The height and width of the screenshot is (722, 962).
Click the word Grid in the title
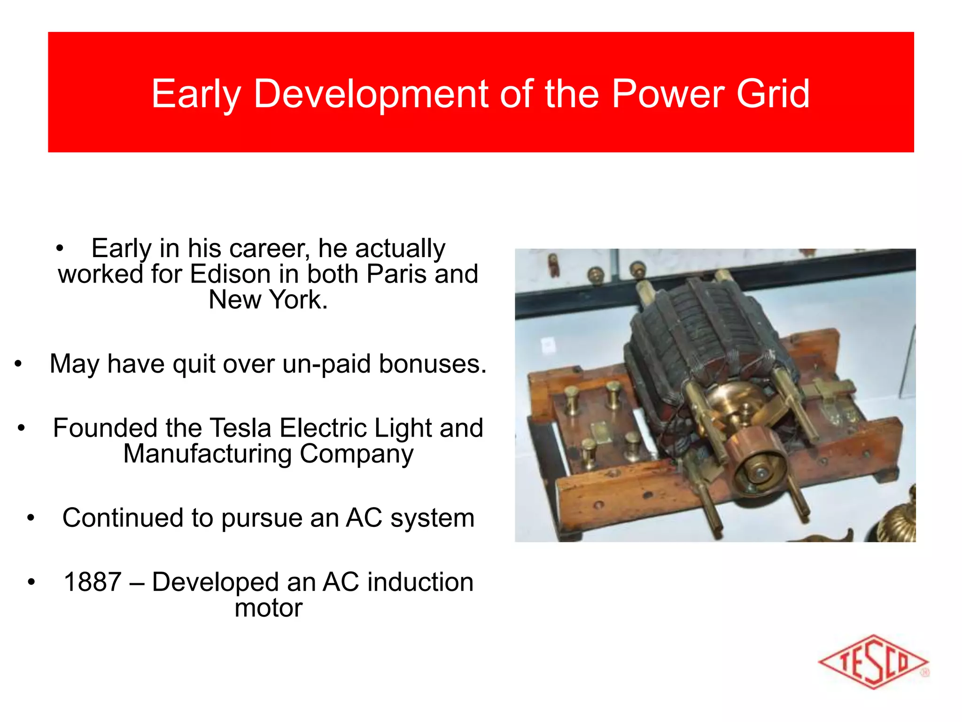coord(773,94)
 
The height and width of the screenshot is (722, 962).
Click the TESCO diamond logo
coord(873,662)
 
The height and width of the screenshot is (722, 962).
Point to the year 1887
coord(93,582)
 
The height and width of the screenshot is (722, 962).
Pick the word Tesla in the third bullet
coord(240,428)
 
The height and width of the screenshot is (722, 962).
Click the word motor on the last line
coord(268,608)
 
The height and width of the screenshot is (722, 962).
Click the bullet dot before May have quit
coord(18,364)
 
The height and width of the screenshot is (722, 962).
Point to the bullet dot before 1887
coord(31,582)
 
